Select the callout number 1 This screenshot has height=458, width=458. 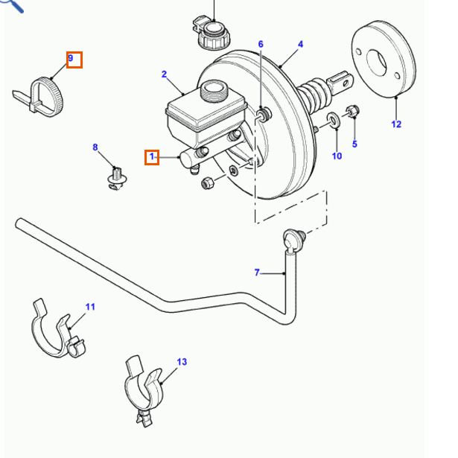pyautogui.click(x=151, y=156)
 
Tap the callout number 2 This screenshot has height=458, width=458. pyautogui.click(x=164, y=74)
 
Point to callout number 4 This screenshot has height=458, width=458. pyautogui.click(x=300, y=45)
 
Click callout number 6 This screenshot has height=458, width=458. pyautogui.click(x=261, y=45)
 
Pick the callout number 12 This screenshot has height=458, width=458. pyautogui.click(x=395, y=124)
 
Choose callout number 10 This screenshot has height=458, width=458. pyautogui.click(x=337, y=156)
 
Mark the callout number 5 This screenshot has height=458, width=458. pyautogui.click(x=354, y=144)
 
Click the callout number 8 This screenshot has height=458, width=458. pyautogui.click(x=95, y=147)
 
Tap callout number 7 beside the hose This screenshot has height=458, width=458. pyautogui.click(x=257, y=273)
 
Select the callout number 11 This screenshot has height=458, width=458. pyautogui.click(x=90, y=306)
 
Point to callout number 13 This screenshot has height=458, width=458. pyautogui.click(x=182, y=362)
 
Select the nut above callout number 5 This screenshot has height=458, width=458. pyautogui.click(x=353, y=112)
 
